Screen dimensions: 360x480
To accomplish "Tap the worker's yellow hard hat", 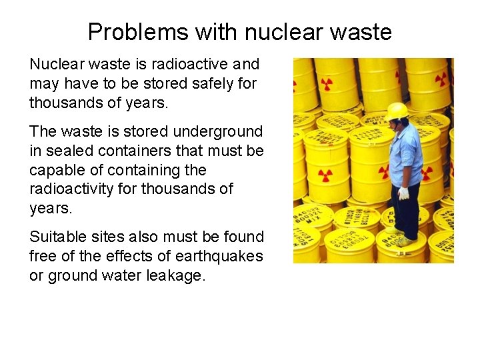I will [397, 110].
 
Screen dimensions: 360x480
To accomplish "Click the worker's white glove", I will [404, 193].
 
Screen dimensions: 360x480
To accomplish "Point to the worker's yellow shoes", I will [403, 240].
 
